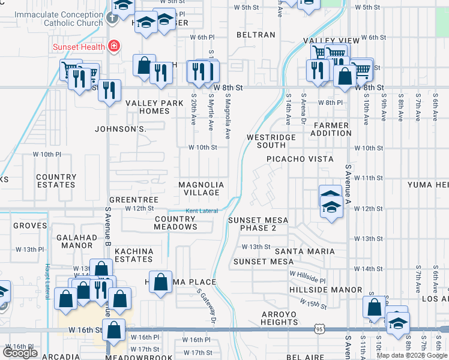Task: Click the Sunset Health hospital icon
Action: tap(113, 46)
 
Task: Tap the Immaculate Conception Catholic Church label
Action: tap(59, 19)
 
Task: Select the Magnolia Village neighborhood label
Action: tap(201, 189)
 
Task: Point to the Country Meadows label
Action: tap(175, 223)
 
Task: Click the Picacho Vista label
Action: tap(300, 159)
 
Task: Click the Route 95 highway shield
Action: tap(319, 329)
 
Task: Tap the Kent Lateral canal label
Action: tap(201, 211)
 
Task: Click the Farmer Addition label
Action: tap(331, 129)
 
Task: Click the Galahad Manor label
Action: tap(76, 242)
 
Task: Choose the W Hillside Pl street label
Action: tap(307, 278)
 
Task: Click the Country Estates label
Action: tap(56, 181)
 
